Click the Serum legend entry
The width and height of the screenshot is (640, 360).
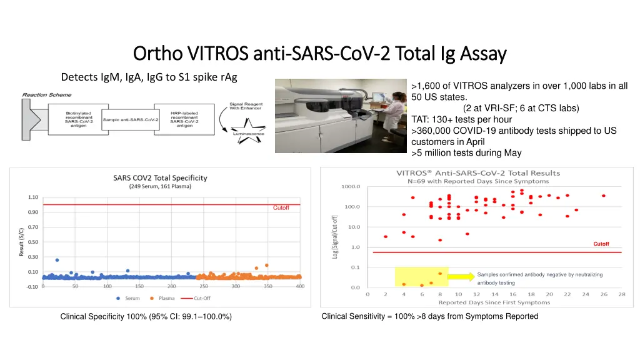pyautogui.click(x=128, y=298)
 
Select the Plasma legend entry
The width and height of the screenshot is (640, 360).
pyautogui.click(x=162, y=298)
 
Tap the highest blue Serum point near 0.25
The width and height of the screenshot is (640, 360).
pyautogui.click(x=57, y=260)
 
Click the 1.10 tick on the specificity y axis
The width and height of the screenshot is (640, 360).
pyautogui.click(x=32, y=197)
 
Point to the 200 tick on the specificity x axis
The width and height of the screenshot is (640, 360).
pyautogui.click(x=171, y=286)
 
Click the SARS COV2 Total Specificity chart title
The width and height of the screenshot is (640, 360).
pyautogui.click(x=160, y=177)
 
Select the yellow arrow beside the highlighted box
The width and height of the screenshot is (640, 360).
pyautogui.click(x=461, y=277)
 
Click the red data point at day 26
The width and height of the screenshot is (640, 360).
pyautogui.click(x=604, y=196)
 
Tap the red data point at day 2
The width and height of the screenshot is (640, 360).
pyautogui.click(x=386, y=237)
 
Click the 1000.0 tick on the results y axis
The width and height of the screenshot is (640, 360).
pyautogui.click(x=351, y=186)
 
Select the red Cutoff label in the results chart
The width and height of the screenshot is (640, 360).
pyautogui.click(x=601, y=244)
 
